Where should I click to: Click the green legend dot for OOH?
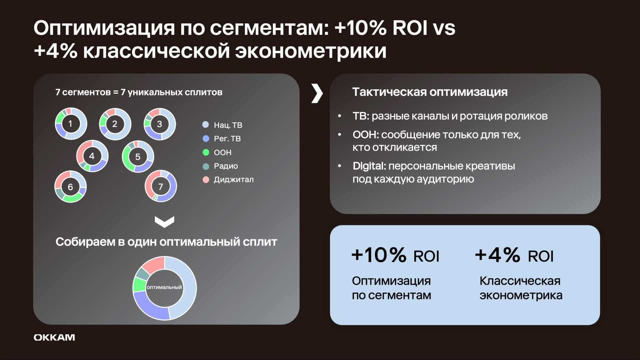coord(206,152)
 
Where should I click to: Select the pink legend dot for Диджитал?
coord(206,180)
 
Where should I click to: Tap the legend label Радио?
coord(226,166)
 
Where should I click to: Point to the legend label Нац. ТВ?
coord(228,125)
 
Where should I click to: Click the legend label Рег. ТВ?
coord(227,139)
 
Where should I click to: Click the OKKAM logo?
coord(54,337)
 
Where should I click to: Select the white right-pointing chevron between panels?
coord(317,93)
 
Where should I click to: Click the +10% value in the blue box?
coord(379,255)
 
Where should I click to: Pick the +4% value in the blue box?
coord(497,255)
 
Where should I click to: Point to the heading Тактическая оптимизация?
coord(430,92)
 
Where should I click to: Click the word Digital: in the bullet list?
coord(369,166)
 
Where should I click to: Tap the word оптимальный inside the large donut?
coord(164,287)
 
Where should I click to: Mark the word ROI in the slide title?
coord(410,28)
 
